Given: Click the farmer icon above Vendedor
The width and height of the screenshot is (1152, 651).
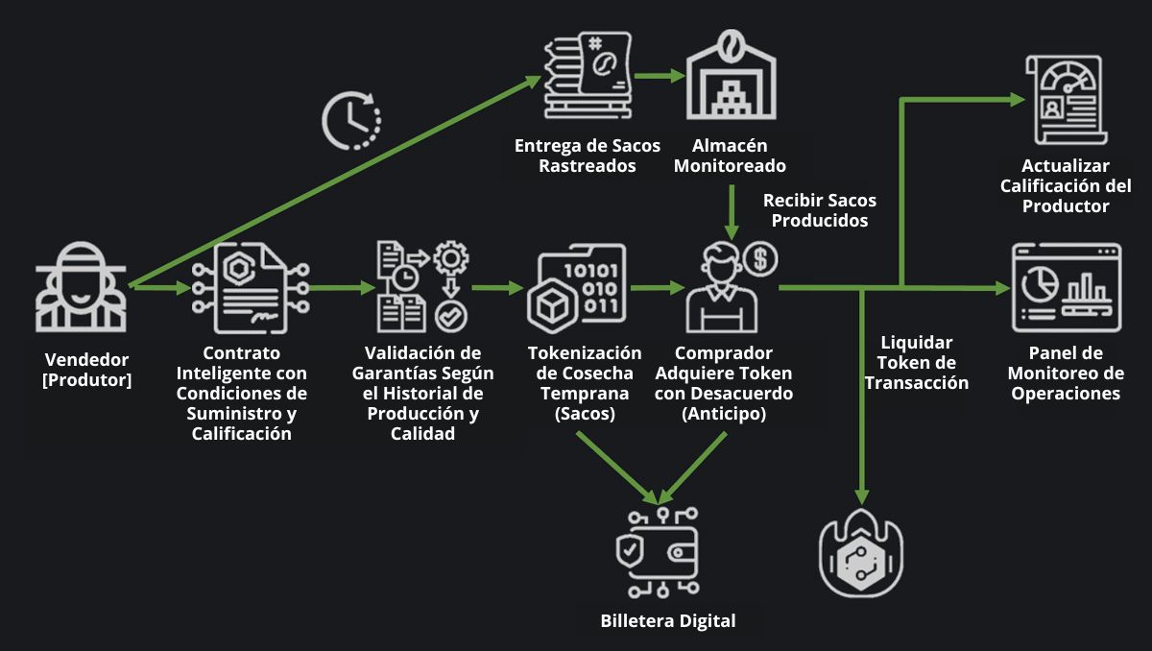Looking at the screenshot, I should click(x=81, y=288).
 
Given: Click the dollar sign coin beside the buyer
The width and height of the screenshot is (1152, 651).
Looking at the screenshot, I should click(x=760, y=257).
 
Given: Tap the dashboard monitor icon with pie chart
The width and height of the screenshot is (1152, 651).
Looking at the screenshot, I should click(x=1066, y=287).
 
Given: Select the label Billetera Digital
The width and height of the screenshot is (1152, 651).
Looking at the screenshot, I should click(x=668, y=620).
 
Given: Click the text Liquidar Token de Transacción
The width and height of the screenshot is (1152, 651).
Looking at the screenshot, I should click(x=917, y=363).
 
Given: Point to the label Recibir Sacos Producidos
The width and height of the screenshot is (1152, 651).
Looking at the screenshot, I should click(x=819, y=210).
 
